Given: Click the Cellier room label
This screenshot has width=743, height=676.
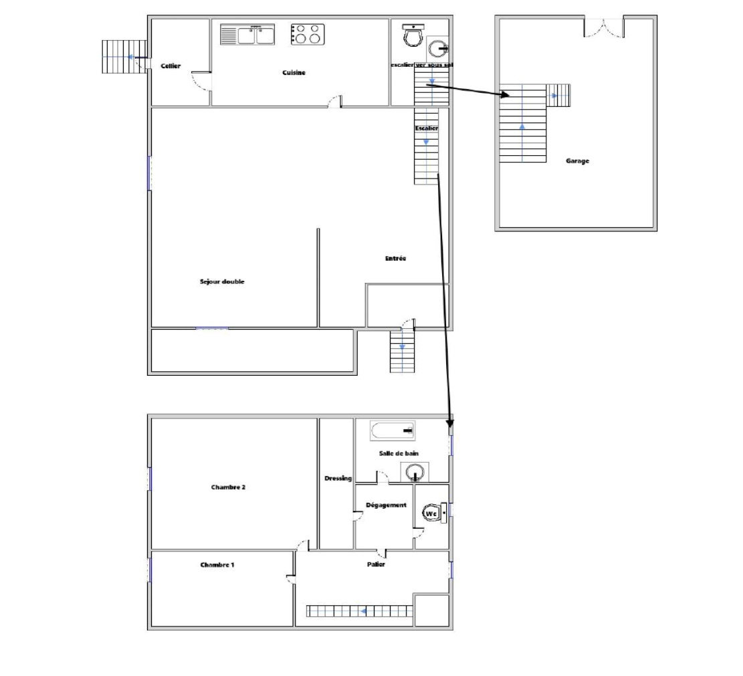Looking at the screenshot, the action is [x=171, y=66].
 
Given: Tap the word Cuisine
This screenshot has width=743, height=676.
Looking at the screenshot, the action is [x=294, y=72].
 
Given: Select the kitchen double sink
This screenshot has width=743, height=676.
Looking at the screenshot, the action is [x=247, y=35].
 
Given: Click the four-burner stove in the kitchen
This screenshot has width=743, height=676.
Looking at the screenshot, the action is [x=308, y=34].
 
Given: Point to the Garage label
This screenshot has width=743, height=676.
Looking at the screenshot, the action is [x=577, y=161].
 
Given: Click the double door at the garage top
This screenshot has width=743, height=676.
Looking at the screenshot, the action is [x=604, y=27].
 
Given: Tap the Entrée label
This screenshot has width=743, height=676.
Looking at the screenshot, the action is [x=396, y=258].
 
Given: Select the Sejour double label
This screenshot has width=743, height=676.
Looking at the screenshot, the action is [x=222, y=281].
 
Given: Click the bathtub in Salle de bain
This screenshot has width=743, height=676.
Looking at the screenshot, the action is [x=393, y=431].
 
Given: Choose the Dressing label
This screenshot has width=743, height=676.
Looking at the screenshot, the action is [x=338, y=479].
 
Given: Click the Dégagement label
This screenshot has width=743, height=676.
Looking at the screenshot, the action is [x=386, y=505].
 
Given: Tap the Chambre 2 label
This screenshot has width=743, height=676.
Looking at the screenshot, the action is [x=229, y=487].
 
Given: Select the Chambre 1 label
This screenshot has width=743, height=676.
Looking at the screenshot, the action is [x=217, y=565].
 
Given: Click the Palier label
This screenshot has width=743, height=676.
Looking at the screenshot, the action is [x=376, y=564].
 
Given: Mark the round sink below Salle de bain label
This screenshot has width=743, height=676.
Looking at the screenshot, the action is [x=415, y=472].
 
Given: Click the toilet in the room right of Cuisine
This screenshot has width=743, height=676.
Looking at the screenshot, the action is [x=413, y=35].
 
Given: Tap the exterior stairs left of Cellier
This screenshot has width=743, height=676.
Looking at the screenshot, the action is [x=124, y=57].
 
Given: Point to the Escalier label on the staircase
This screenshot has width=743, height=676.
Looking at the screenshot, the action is [x=427, y=128].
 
